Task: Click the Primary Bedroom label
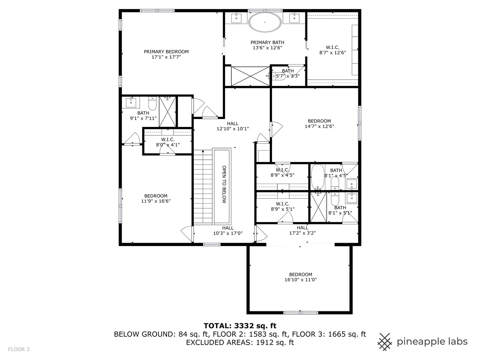[166, 52]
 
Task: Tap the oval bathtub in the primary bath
[265, 22]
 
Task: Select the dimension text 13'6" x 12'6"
[267, 48]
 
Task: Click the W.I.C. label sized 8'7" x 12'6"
[333, 48]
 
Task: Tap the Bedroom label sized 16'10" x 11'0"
[300, 275]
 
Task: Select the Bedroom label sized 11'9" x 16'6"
[156, 196]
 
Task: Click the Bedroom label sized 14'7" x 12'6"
[319, 121]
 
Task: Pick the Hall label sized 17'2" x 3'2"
[302, 228]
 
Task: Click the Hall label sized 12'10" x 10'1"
[233, 124]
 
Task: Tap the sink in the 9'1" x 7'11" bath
[131, 102]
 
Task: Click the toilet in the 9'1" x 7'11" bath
[152, 104]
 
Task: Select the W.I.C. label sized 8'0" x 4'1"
[168, 140]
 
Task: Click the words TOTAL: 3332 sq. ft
[240, 326]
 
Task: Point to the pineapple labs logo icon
[385, 342]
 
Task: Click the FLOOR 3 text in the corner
[19, 349]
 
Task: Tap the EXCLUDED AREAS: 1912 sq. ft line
[240, 342]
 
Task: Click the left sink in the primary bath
[236, 18]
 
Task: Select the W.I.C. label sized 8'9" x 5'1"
[282, 204]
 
